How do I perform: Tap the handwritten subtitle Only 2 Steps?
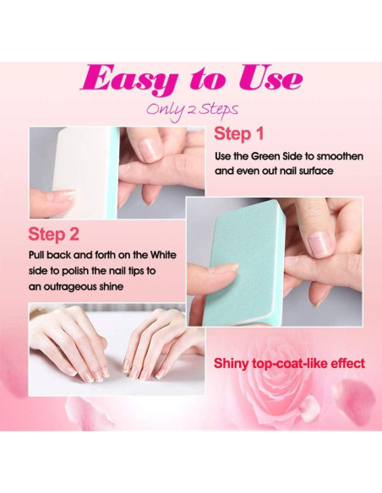pos(191,109)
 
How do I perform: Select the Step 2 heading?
pos(53,233)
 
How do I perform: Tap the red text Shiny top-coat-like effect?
pos(288,364)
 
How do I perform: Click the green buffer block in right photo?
pos(237,262)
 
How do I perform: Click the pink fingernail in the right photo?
pos(318,245)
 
